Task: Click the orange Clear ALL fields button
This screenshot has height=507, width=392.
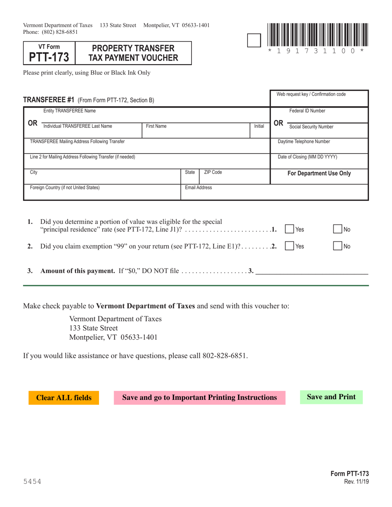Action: point(64,398)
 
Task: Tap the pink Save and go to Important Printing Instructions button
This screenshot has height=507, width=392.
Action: point(199,398)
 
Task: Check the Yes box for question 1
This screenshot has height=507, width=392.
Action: point(290,229)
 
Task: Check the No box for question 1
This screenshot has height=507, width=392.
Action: point(338,229)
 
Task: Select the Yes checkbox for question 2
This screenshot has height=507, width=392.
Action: point(290,246)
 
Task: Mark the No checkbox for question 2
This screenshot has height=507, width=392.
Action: point(338,246)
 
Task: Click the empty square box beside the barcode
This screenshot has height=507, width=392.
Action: point(253,40)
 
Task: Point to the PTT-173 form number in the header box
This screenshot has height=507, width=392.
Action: point(49,57)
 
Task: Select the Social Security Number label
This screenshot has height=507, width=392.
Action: point(312,127)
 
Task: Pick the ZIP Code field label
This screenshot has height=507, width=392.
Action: point(213,172)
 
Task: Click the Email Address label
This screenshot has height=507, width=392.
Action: point(198,188)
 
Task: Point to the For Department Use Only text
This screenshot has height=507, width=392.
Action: point(319,174)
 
